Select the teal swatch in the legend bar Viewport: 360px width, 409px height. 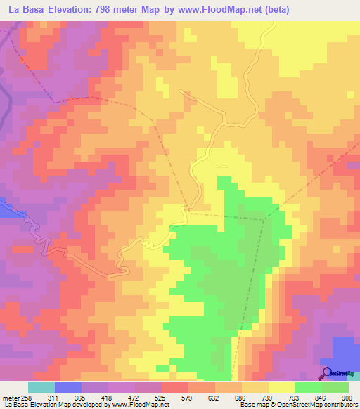point(41,387)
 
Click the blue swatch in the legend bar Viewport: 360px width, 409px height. point(67,387)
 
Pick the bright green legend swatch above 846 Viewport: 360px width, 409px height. point(308,387)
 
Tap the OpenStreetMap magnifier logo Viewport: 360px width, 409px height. point(327,372)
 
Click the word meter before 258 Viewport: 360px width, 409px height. point(12,398)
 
